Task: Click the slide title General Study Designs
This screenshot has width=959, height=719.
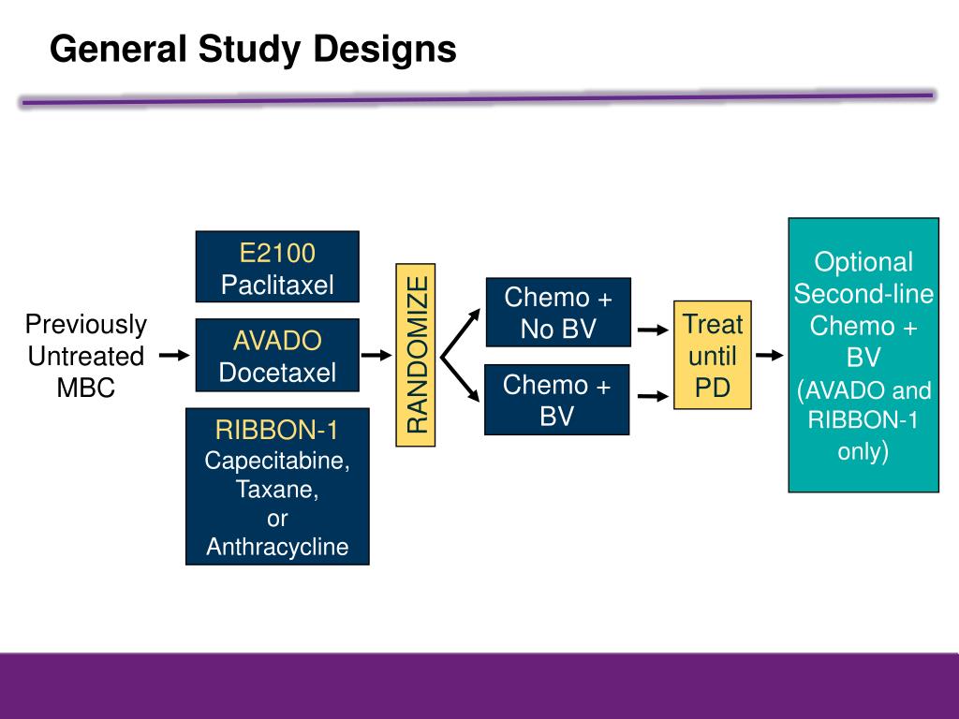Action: pyautogui.click(x=253, y=49)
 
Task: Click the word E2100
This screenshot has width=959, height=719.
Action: pyautogui.click(x=276, y=253)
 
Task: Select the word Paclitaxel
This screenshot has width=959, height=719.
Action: pyautogui.click(x=277, y=285)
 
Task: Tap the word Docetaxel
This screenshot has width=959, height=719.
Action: pyautogui.click(x=277, y=373)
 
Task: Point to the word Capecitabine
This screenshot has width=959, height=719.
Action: pyautogui.click(x=277, y=461)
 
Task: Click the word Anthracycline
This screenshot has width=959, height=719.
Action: pyautogui.click(x=277, y=547)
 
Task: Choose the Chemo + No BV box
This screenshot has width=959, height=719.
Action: pyautogui.click(x=558, y=313)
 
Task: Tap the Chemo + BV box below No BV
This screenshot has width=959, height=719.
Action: pyautogui.click(x=556, y=400)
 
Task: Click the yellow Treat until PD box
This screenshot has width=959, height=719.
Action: pyautogui.click(x=713, y=355)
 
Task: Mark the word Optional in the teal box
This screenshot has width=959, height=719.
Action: pyautogui.click(x=863, y=262)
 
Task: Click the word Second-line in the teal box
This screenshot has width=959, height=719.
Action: pyautogui.click(x=863, y=294)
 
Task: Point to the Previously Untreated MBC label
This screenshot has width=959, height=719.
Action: pyautogui.click(x=86, y=356)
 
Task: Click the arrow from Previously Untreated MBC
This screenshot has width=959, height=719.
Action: pyautogui.click(x=174, y=356)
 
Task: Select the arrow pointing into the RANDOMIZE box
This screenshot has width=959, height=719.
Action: pyautogui.click(x=377, y=356)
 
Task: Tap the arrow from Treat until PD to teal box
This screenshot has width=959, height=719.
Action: pyautogui.click(x=769, y=356)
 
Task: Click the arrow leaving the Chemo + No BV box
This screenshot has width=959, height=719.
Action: pyautogui.click(x=651, y=330)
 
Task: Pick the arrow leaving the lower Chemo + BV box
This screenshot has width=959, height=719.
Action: pyautogui.click(x=651, y=398)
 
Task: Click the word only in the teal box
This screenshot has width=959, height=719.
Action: pyautogui.click(x=862, y=452)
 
